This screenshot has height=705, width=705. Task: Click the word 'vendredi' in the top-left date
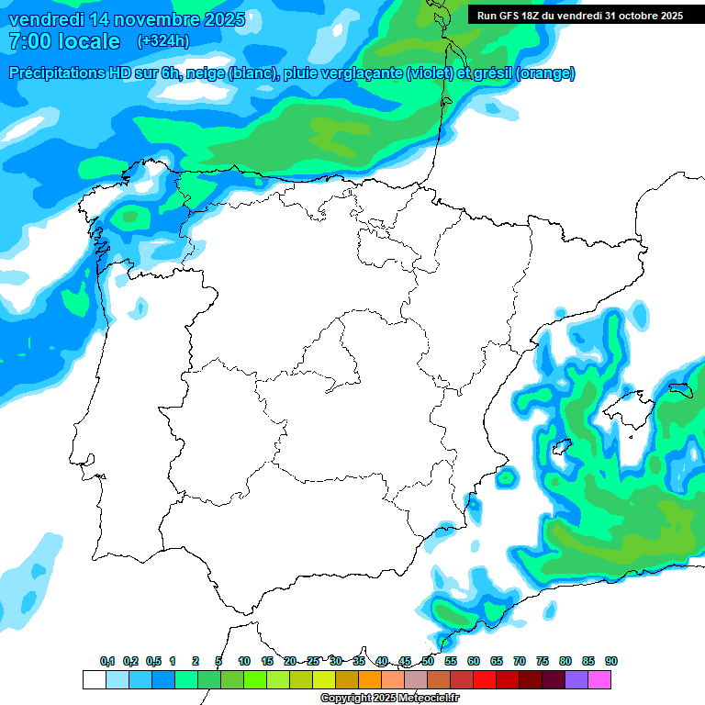(x=44, y=19)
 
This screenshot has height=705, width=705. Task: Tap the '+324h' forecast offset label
(x=162, y=40)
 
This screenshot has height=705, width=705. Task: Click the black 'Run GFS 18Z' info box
(x=579, y=16)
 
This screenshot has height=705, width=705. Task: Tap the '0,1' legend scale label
(x=107, y=661)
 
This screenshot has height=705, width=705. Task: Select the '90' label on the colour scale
(x=610, y=661)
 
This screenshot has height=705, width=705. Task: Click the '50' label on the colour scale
(x=428, y=661)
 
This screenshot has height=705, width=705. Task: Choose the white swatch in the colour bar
(x=94, y=679)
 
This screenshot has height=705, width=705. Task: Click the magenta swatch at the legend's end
(x=599, y=679)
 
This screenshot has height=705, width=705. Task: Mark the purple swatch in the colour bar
(x=576, y=679)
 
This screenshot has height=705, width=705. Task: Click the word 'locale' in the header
(x=89, y=41)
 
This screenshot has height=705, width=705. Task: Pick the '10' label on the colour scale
(x=244, y=661)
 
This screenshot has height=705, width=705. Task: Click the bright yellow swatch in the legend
(x=323, y=679)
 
